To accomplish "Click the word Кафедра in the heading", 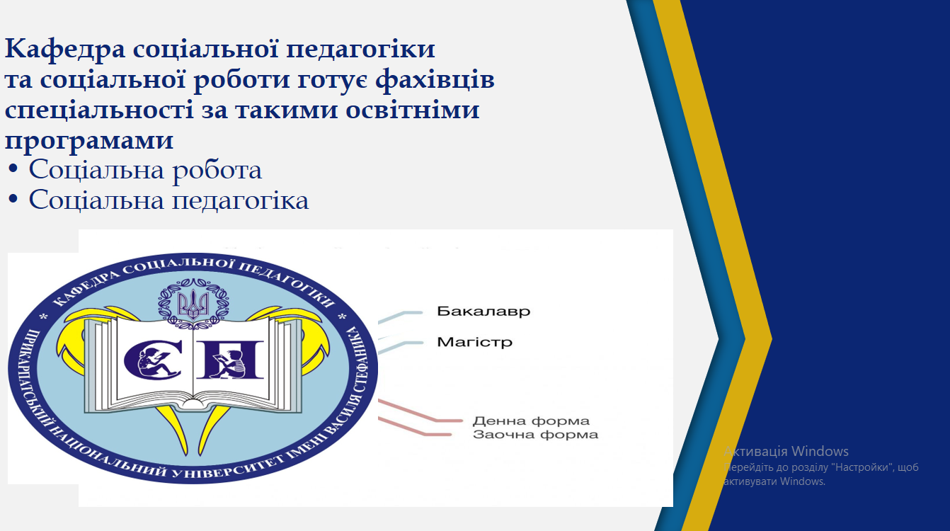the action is coord(65,50).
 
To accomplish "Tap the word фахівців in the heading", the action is coord(435,80).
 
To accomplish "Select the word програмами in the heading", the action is coord(89,141).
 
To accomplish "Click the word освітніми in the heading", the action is coord(412,110).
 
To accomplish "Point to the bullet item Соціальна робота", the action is coord(145,171).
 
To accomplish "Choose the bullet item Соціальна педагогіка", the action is coord(168,200).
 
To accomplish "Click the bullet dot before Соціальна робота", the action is coord(13,169).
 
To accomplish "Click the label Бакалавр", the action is coord(483,312).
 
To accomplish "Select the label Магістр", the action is coord(474,342).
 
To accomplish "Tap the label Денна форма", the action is coord(531,421).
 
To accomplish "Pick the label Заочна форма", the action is coord(535,435).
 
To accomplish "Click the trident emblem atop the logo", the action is coord(193,304).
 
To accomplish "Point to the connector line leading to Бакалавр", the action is coord(401,316).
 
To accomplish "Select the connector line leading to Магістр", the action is coord(401,348).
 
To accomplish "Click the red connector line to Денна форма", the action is coord(420,411).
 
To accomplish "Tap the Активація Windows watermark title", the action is coord(786,451).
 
